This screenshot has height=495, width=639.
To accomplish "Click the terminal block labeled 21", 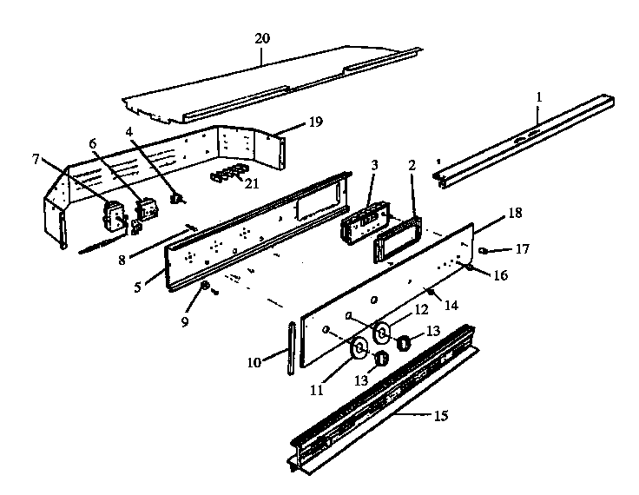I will tap(227, 175).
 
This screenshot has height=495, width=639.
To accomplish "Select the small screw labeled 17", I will tap(483, 251).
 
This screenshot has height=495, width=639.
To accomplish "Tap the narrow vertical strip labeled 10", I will tap(289, 345).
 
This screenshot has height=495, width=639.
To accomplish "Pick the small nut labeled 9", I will tap(205, 286).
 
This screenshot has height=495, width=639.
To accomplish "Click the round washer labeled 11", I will tap(358, 349).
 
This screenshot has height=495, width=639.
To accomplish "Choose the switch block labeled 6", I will tap(146, 211).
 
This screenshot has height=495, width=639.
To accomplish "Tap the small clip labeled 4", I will tap(180, 199).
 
